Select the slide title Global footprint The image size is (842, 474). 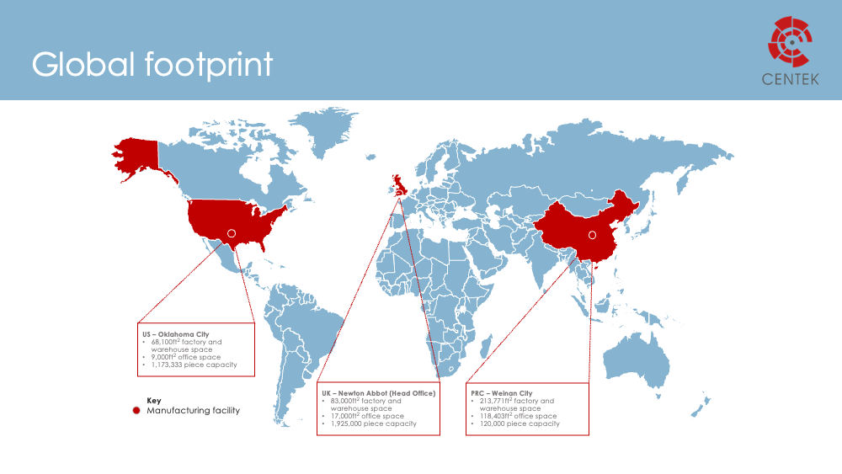pos(152,65)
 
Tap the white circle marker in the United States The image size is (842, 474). pos(232,233)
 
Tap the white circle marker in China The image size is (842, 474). pos(591,235)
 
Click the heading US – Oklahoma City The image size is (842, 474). pos(175,334)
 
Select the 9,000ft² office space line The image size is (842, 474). pos(186,357)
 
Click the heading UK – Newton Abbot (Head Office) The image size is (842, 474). pos(379,393)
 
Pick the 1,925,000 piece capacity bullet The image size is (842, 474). pos(374,423)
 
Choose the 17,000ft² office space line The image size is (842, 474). pos(367,416)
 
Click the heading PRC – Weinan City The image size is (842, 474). pos(502,393)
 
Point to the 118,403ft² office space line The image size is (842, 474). pos(518,416)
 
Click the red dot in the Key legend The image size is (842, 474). pos(136,411)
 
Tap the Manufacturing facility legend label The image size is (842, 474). pos(193,411)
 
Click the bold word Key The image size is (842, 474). pos(153,401)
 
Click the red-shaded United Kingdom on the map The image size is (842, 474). pos(397,184)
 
